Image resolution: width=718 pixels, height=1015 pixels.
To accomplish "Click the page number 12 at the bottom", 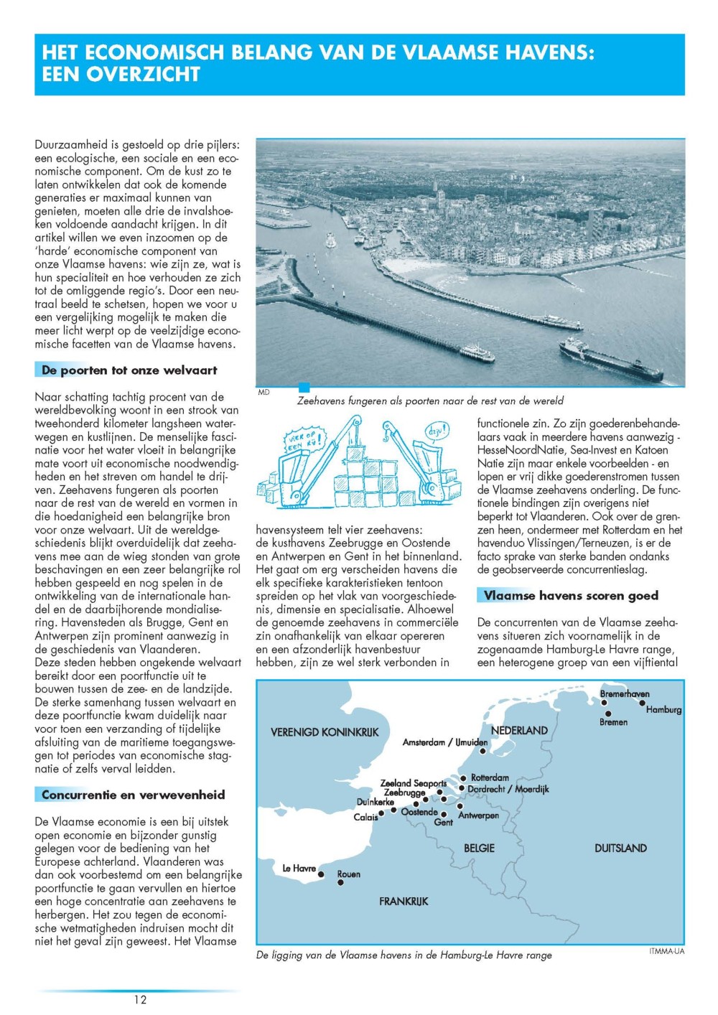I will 140,999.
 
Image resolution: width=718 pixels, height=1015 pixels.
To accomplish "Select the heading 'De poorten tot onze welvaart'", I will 129,370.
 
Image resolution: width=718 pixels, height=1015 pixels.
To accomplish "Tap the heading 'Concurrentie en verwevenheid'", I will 133,795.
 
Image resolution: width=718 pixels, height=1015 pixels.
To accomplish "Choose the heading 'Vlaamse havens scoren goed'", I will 571,595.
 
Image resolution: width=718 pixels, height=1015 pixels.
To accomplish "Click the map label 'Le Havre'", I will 299,868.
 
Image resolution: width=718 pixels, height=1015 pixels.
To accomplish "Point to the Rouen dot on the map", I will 340,882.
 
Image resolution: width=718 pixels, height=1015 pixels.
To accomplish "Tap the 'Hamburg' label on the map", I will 663,709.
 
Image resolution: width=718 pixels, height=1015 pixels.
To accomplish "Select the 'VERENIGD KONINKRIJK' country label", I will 324,732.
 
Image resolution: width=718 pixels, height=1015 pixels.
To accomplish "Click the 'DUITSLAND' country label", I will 620,848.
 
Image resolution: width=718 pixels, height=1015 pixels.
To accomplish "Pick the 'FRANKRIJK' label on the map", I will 404,901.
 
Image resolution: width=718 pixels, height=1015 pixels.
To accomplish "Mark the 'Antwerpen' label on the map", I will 478,815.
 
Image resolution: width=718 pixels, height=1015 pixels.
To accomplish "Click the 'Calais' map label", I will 365,817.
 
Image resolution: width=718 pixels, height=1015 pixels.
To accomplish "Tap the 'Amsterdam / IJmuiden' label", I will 444,742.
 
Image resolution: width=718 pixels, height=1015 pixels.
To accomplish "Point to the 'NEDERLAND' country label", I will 519,730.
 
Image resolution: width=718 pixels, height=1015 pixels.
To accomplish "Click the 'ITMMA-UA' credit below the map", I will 666,951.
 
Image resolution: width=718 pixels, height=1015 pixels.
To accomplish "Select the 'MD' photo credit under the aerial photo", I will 264,393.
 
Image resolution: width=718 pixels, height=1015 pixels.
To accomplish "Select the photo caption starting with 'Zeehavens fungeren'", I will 430,401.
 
